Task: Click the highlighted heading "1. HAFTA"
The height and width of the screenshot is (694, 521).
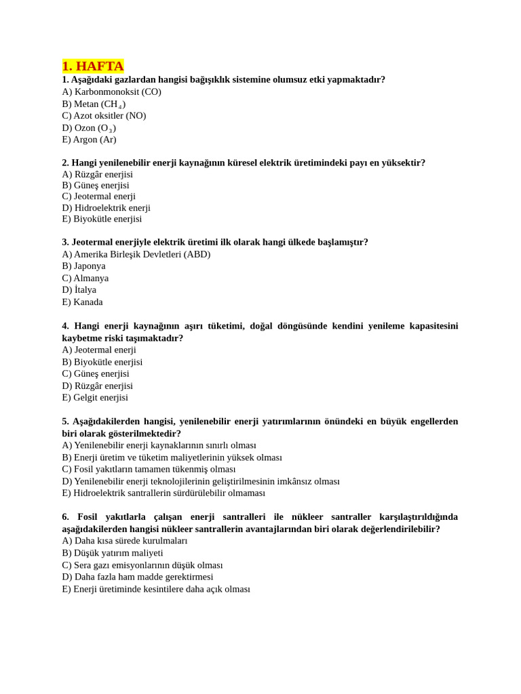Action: tap(93, 66)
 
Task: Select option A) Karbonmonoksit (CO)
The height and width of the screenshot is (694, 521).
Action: tap(111, 91)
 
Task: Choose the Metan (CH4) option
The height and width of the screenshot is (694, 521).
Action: tap(94, 104)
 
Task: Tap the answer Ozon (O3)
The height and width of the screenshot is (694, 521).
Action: tap(89, 127)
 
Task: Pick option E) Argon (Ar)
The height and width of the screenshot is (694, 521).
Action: tap(89, 140)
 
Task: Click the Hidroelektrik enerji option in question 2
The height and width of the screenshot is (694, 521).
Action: tap(106, 207)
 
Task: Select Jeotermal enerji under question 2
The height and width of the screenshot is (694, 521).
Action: tap(98, 196)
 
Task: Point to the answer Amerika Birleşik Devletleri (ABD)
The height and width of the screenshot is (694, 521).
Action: tap(136, 254)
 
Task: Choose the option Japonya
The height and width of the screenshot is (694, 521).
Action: tap(83, 266)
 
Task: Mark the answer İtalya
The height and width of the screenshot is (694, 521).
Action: tap(79, 289)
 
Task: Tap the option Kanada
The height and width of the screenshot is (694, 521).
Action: tap(82, 302)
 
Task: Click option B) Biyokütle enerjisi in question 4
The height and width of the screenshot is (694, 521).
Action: tap(102, 362)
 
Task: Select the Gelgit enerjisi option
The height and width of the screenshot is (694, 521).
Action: tap(95, 397)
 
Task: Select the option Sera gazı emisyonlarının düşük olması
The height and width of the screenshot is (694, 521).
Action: tap(142, 565)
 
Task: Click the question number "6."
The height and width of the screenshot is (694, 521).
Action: tap(66, 516)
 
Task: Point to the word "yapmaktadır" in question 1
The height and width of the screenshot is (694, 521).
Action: tap(355, 79)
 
